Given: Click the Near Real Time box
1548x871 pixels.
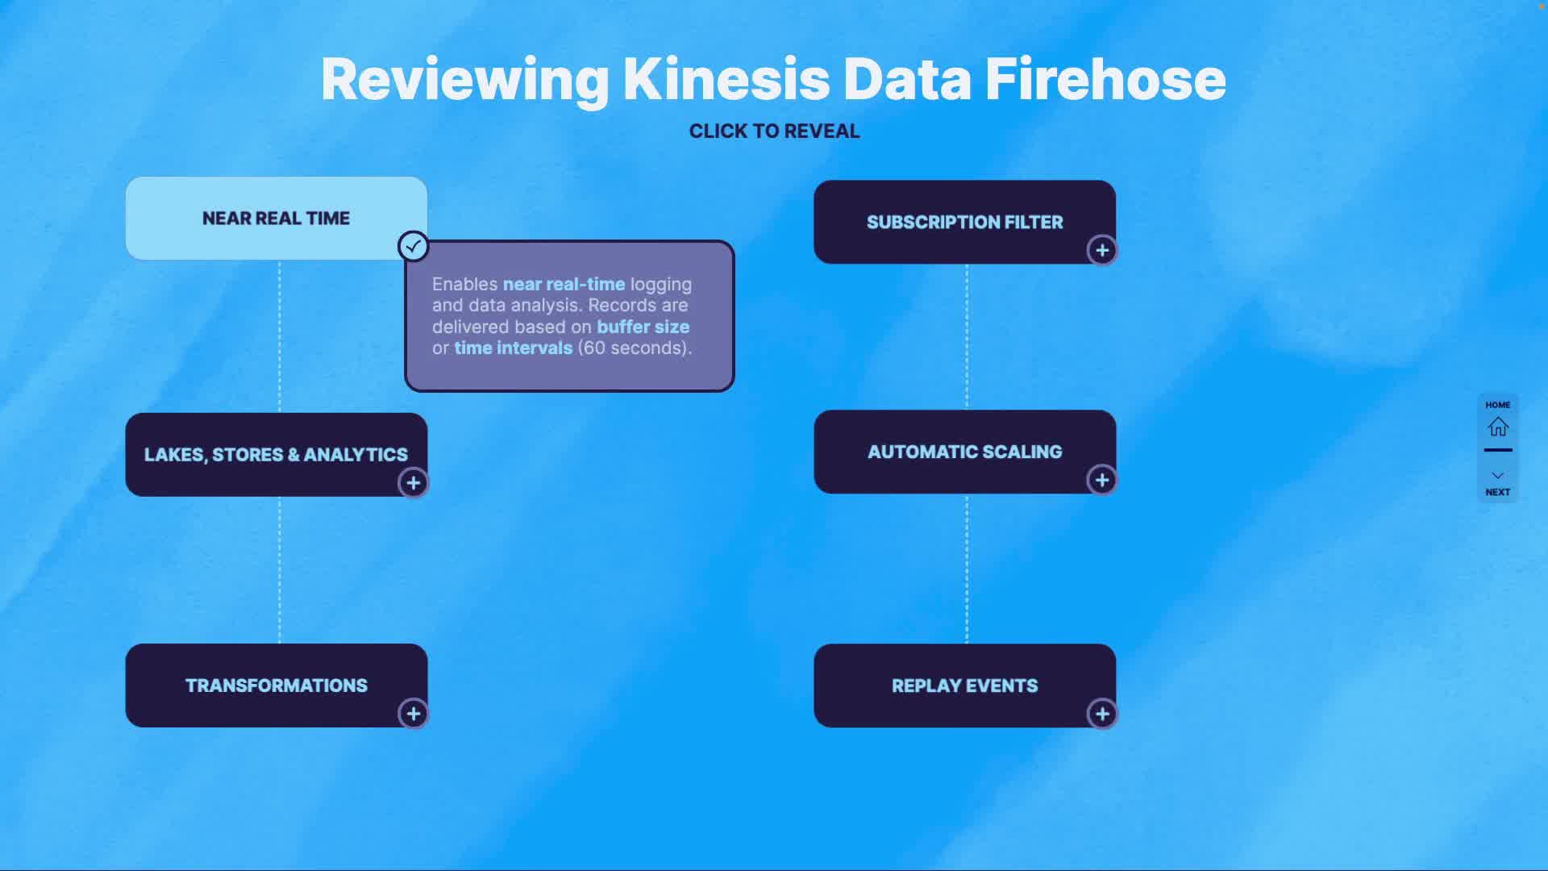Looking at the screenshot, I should click(x=276, y=218).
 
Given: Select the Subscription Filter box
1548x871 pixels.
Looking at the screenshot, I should click(x=964, y=222).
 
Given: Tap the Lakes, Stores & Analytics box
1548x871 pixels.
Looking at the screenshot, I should click(x=276, y=454).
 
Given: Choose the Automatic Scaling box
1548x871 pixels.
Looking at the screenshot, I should click(x=964, y=452).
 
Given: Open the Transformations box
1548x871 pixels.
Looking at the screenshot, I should click(x=276, y=686).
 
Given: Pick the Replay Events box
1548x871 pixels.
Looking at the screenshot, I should click(x=964, y=686).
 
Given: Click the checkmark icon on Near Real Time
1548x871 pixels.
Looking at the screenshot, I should click(x=414, y=246).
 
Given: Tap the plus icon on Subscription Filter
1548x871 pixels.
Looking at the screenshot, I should click(x=1102, y=250).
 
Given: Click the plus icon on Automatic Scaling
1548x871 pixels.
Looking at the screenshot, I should click(x=1102, y=480).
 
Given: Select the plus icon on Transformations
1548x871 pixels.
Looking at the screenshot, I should click(x=414, y=714).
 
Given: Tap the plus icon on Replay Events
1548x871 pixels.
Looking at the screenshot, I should click(x=1102, y=714).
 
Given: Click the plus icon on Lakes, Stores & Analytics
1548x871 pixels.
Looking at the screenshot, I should click(x=414, y=483).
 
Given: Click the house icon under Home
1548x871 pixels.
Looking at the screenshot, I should click(x=1498, y=427).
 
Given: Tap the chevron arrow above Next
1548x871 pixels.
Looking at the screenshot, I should click(x=1498, y=476).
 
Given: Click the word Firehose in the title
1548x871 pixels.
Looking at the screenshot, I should click(x=1105, y=80).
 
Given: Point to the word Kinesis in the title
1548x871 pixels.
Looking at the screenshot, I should click(x=726, y=80).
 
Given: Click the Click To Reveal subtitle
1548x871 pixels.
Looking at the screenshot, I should click(x=774, y=131).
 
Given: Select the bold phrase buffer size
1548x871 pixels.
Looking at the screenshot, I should click(x=643, y=327).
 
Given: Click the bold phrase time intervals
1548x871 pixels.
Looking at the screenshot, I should click(x=513, y=348).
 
